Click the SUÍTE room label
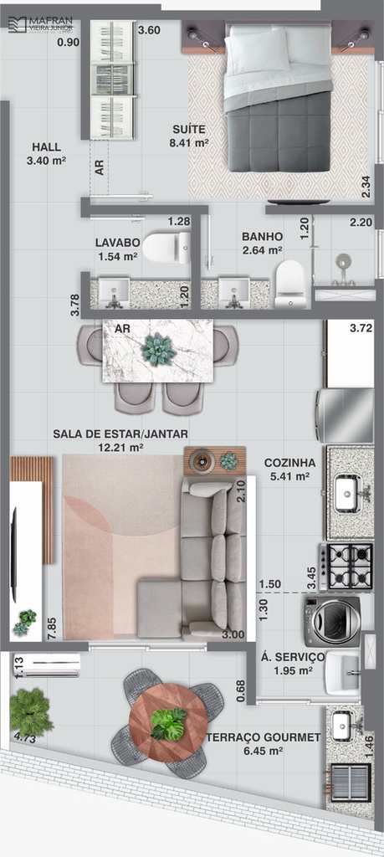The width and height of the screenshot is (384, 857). coord(189,130)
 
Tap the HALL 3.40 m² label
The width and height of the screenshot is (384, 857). coord(46,154)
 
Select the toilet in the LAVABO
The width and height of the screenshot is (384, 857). coord(166,248)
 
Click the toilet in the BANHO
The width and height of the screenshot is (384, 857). coord(289,285)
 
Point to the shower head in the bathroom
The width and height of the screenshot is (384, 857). coord(344,262)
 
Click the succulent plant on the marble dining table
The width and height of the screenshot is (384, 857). coord(159,350)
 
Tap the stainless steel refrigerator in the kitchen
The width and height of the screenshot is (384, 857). coord(345,415)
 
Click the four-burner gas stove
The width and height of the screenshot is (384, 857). coord(346,567)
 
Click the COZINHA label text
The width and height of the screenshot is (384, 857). coord(289,463)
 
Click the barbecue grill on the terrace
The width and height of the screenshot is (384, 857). coord(351,783)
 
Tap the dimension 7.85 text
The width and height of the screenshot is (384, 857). coord(52,624)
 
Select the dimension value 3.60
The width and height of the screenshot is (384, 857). coord(149,31)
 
